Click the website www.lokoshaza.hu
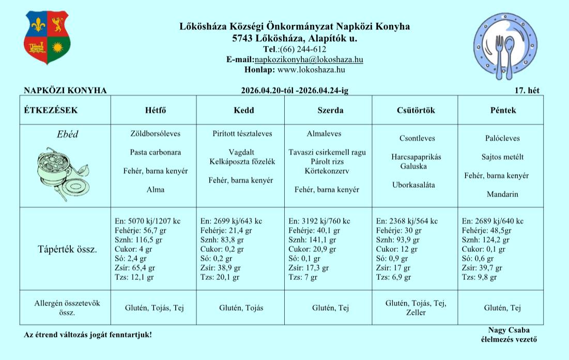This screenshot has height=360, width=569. coord(311,69)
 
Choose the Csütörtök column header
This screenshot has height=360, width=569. coord(416,111)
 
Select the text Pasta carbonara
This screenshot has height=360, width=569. coord(156,152)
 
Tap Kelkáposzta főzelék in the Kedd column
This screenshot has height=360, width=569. coord(242,161)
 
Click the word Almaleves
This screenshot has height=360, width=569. coord(324,133)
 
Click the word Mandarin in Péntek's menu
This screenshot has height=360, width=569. coord(502,194)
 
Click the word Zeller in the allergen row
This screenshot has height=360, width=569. coord(416,313)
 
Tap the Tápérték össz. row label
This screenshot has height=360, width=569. coord(67,249)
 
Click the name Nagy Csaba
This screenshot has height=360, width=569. coord(509,331)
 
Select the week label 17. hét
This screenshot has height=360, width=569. coord(527,91)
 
